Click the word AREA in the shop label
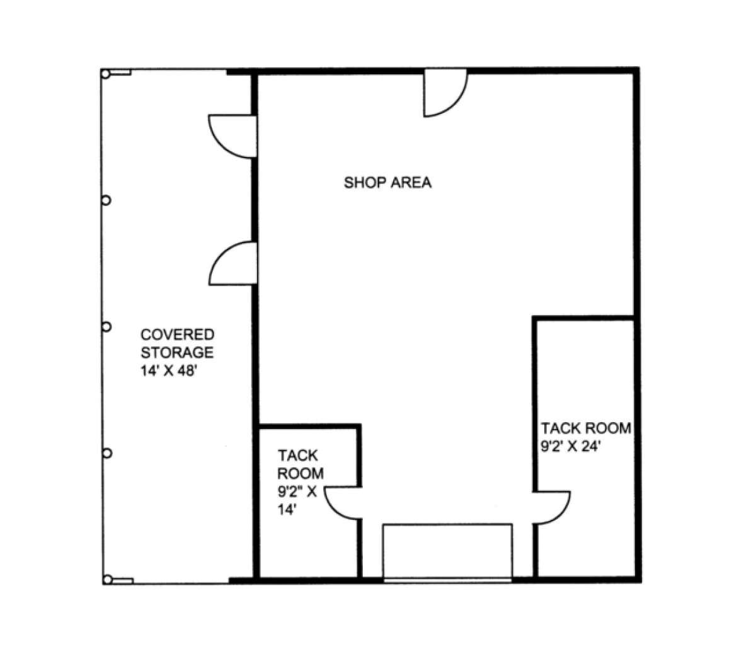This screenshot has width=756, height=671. pyautogui.click(x=411, y=183)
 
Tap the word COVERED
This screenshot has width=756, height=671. pyautogui.click(x=177, y=335)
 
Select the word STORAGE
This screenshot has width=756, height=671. pyautogui.click(x=177, y=352)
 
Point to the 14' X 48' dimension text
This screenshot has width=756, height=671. pyautogui.click(x=168, y=370)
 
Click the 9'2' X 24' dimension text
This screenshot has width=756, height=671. pyautogui.click(x=570, y=446)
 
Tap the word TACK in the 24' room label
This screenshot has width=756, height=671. pyautogui.click(x=559, y=428)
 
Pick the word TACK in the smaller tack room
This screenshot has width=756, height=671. pyautogui.click(x=297, y=456)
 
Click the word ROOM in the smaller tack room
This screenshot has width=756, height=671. pyautogui.click(x=301, y=473)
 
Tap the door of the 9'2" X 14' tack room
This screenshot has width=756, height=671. pyautogui.click(x=335, y=510)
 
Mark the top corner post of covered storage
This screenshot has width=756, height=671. pyautogui.click(x=106, y=74)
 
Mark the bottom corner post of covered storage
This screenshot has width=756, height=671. pyautogui.click(x=108, y=580)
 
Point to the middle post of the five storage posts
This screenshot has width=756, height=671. pyautogui.click(x=106, y=327)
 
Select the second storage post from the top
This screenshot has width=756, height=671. pyautogui.click(x=106, y=200)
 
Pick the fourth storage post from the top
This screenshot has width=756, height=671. pyautogui.click(x=107, y=454)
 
